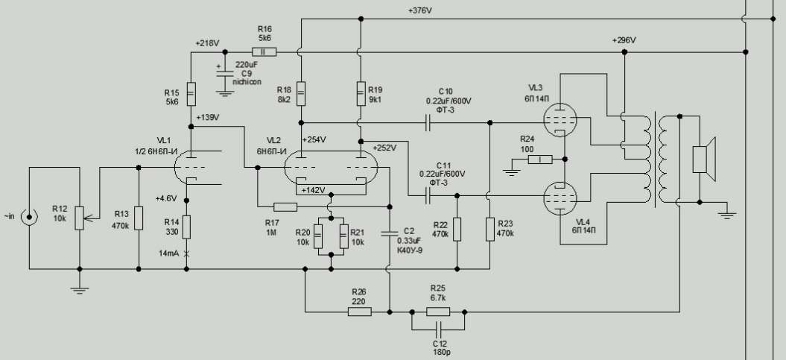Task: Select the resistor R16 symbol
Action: coord(264,52)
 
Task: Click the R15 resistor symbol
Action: coord(191,93)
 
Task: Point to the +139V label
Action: coord(208,118)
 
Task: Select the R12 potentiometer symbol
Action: coord(79,219)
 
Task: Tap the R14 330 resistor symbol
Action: coord(187,227)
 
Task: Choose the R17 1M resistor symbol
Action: coord(285,206)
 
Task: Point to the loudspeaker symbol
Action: coord(703,160)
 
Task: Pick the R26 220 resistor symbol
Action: coord(359,311)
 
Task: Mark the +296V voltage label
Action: coord(624,40)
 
